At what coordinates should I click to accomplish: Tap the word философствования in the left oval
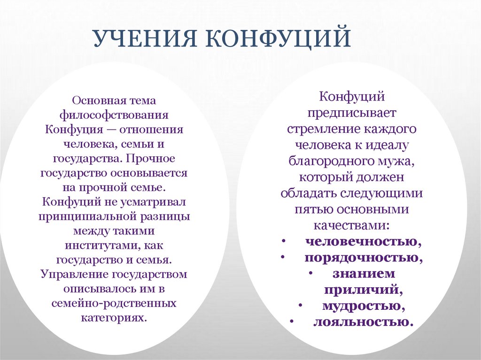[114, 115]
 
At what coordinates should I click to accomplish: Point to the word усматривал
[151, 202]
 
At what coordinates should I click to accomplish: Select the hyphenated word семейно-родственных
[114, 303]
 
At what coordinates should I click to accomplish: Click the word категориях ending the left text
[114, 318]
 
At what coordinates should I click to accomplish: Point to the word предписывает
[353, 112]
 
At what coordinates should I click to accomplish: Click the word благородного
[334, 161]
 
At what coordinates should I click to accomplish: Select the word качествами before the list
[352, 225]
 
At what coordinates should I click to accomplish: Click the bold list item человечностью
[363, 242]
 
